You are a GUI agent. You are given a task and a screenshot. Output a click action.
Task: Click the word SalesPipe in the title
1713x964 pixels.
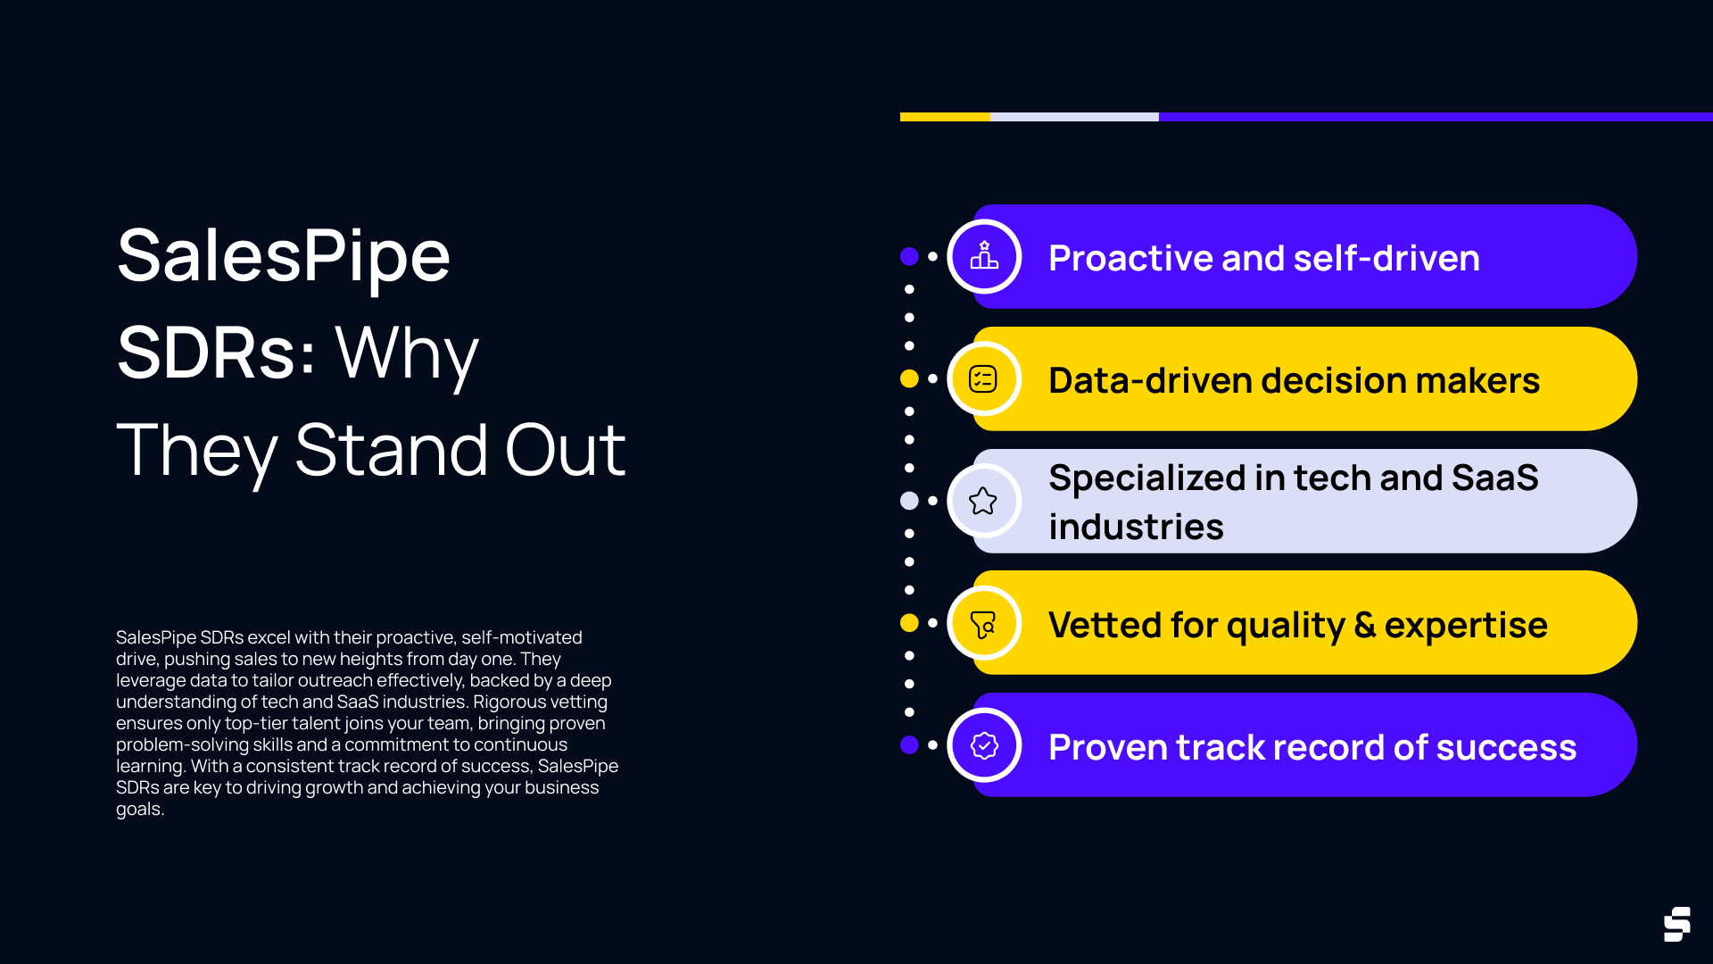point(284,256)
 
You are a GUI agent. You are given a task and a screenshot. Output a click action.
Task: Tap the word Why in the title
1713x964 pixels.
point(406,353)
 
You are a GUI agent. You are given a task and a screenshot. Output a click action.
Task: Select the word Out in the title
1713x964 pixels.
point(565,451)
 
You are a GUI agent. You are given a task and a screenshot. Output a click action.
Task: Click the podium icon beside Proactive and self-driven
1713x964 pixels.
point(984,256)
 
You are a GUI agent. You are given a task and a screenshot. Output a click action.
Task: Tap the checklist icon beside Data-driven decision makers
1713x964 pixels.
point(983,378)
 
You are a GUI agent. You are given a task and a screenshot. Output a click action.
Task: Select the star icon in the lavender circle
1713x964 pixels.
point(983,501)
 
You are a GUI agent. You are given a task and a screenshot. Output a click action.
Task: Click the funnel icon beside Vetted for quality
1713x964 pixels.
point(983,624)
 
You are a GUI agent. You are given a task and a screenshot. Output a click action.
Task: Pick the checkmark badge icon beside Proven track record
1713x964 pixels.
point(984,745)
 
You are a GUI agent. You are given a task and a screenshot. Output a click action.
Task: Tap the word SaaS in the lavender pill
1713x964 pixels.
point(1494,478)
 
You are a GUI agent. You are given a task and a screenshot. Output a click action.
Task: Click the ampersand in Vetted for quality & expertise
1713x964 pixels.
point(1364,625)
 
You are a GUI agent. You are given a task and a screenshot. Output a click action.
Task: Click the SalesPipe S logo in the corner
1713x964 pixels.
point(1676,924)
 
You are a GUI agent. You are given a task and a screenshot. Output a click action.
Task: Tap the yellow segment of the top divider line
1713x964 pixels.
point(945,117)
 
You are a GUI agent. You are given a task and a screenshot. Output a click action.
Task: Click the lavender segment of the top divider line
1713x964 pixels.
point(1074,117)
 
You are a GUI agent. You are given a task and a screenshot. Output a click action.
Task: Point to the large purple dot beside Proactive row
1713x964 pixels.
point(909,257)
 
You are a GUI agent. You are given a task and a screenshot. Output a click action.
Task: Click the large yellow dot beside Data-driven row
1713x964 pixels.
point(909,378)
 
